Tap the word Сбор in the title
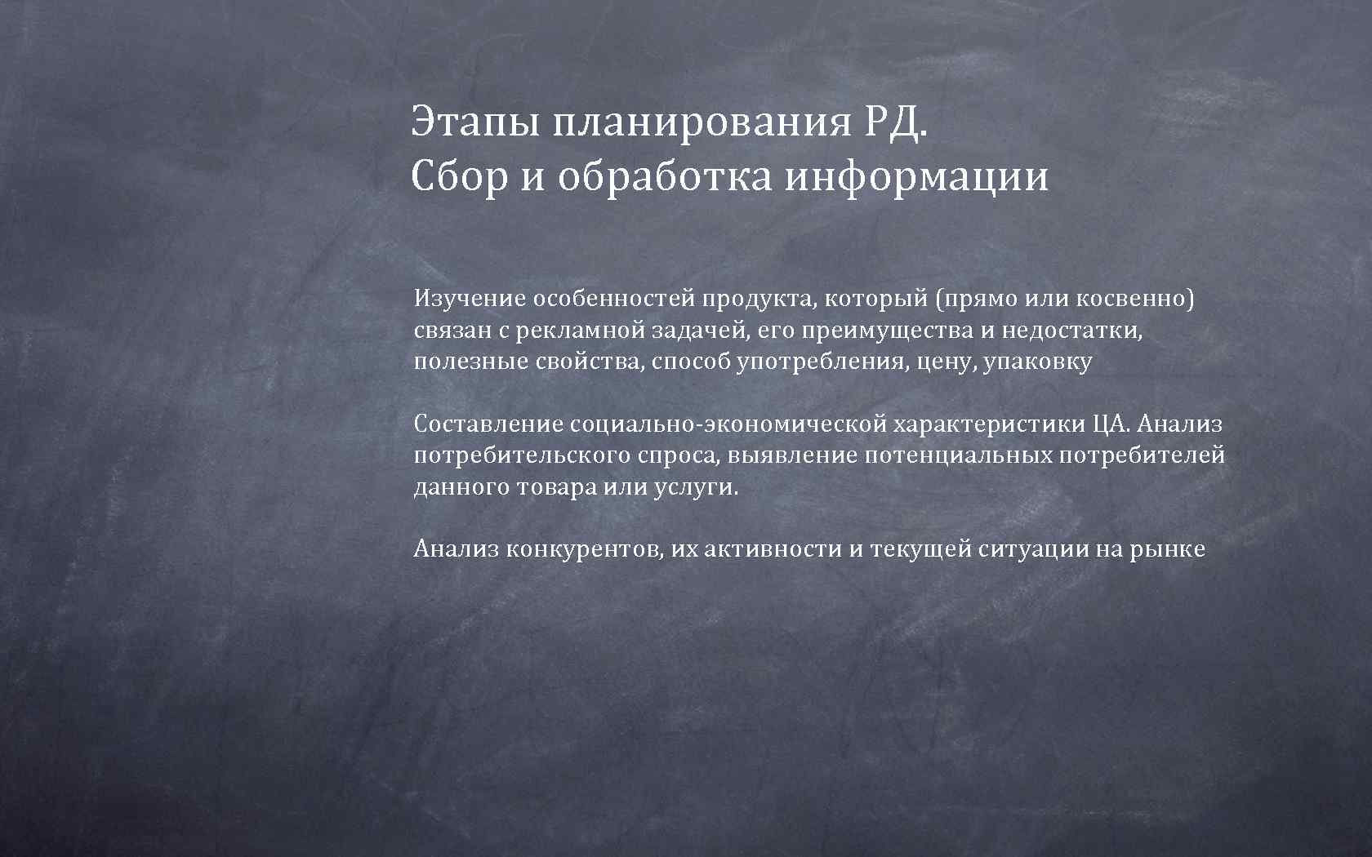459,176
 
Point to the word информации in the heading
916,176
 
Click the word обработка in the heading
664,176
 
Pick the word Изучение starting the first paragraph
470,300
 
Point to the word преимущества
886,331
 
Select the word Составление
488,424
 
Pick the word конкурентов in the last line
585,548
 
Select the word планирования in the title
702,122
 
